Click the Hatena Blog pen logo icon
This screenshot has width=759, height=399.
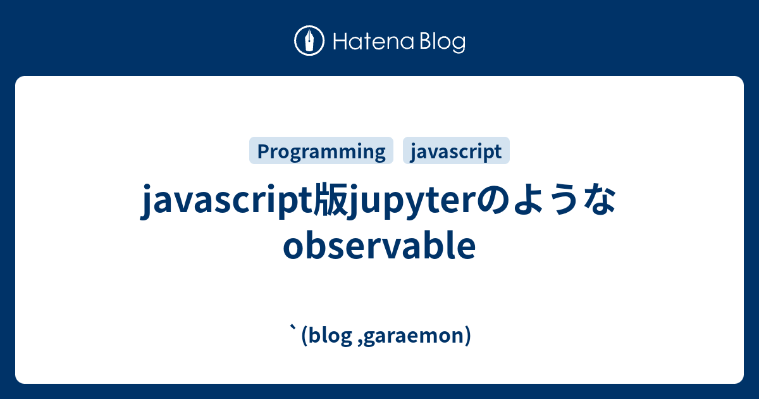pos(310,41)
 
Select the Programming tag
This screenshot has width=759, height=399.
pos(321,151)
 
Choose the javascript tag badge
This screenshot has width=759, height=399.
pos(456,151)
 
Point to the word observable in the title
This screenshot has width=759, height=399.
pos(379,248)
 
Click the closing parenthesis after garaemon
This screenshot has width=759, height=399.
pos(467,336)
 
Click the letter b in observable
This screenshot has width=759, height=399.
pos(314,248)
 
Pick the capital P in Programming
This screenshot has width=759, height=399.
pos(262,151)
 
